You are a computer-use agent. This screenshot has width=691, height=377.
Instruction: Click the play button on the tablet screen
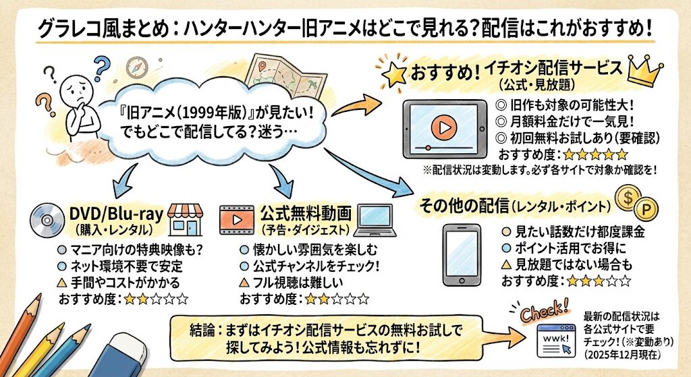443,126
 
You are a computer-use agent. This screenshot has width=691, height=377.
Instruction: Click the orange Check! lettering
545,310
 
